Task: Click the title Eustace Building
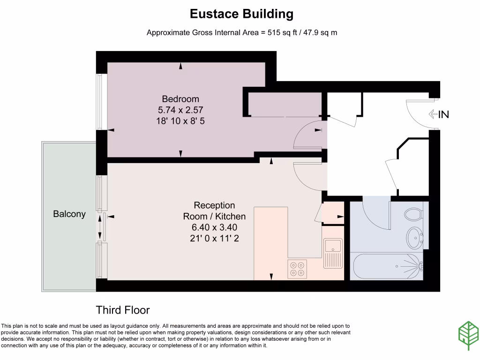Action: click(241, 14)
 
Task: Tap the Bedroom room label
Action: click(180, 99)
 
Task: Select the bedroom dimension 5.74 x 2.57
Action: click(180, 110)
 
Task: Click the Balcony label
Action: click(69, 214)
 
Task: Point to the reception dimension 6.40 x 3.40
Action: click(214, 227)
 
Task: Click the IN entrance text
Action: click(443, 114)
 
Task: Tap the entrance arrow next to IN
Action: click(433, 114)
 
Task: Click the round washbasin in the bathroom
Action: click(414, 238)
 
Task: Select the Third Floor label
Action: click(123, 310)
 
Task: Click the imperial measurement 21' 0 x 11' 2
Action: click(214, 238)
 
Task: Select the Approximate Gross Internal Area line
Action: click(242, 33)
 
